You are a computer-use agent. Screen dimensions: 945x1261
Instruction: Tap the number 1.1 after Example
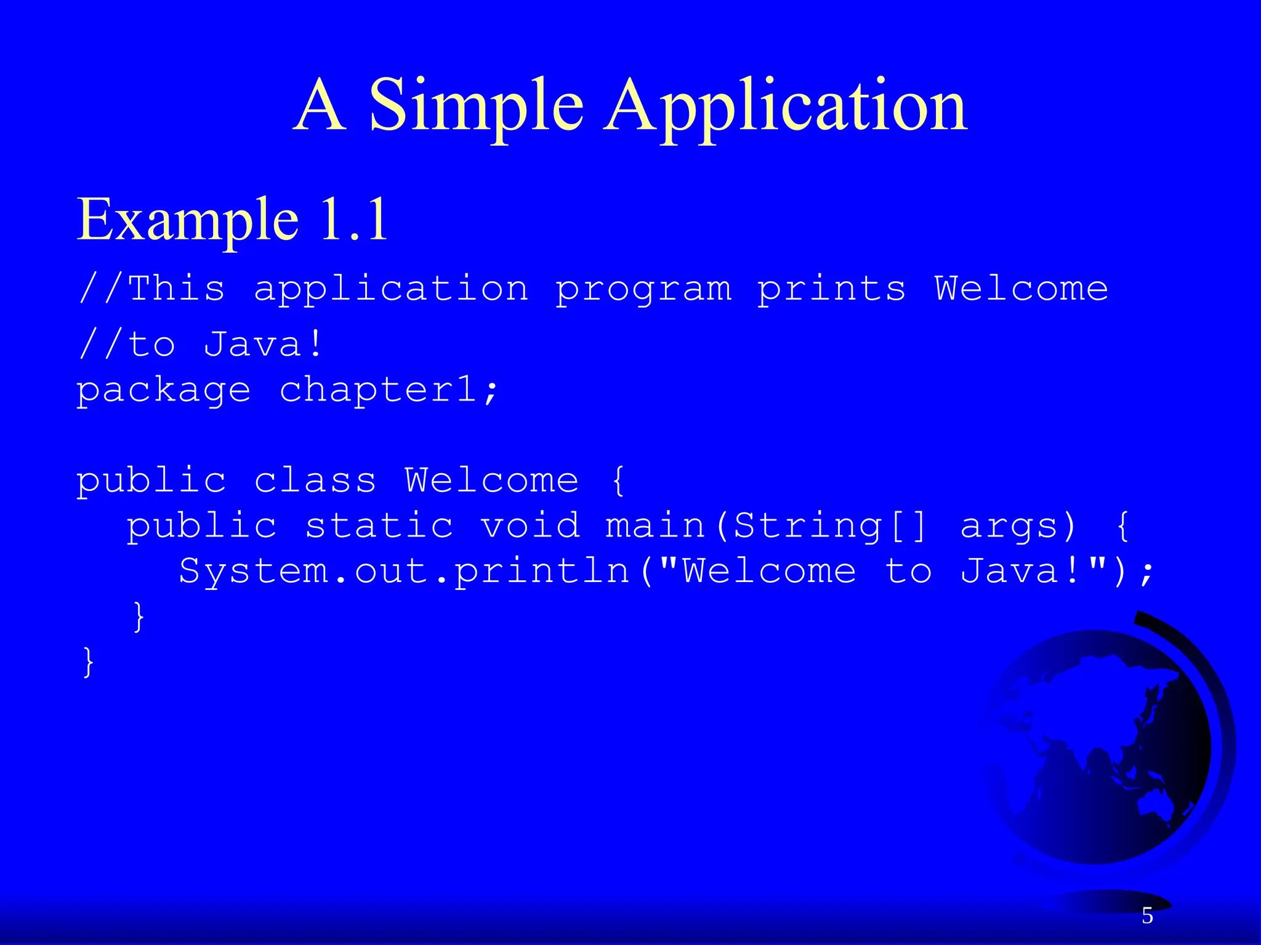(x=355, y=219)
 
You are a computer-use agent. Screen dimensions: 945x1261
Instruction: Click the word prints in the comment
(x=831, y=289)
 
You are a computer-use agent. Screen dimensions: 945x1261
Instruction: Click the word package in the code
(x=163, y=391)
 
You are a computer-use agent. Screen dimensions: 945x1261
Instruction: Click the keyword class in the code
(x=315, y=480)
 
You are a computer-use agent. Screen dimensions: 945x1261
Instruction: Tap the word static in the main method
(x=379, y=526)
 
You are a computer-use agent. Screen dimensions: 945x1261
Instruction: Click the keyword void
(x=530, y=526)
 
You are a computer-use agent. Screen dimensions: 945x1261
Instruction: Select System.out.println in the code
(x=404, y=572)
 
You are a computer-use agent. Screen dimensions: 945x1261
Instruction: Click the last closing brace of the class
(x=88, y=662)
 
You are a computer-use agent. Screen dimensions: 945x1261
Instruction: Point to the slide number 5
(x=1147, y=916)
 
